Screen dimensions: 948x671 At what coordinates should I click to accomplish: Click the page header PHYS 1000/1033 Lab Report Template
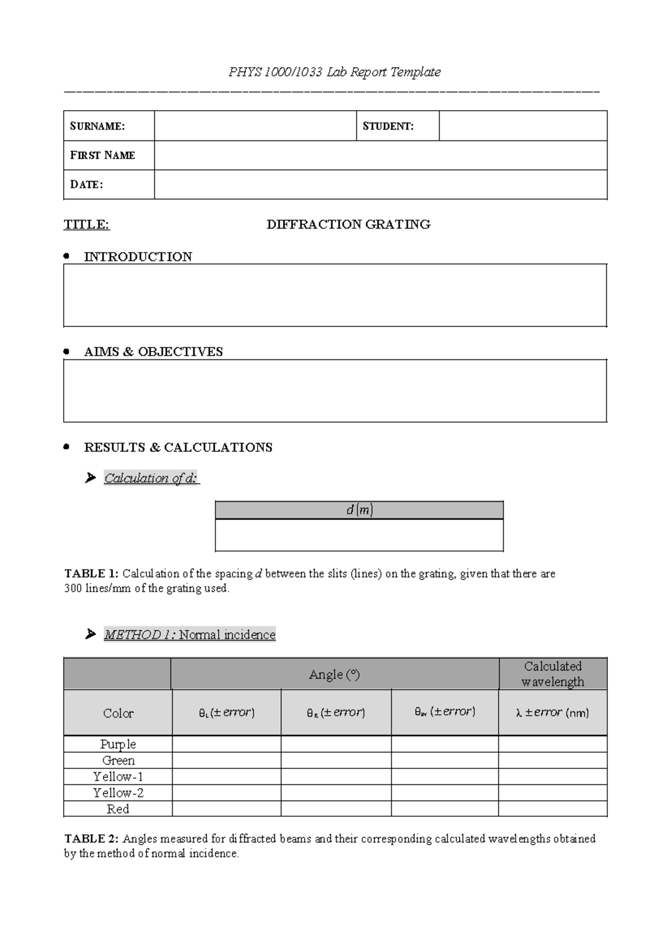pos(334,72)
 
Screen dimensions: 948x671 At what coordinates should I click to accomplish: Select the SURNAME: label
pos(97,126)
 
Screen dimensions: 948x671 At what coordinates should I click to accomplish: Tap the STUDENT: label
pos(388,126)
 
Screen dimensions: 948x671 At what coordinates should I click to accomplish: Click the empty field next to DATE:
pos(380,184)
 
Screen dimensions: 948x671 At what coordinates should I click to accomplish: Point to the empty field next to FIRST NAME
pos(380,155)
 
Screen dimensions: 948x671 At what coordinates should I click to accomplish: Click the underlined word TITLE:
pos(87,225)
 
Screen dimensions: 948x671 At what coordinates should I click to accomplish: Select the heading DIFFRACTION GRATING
pos(348,225)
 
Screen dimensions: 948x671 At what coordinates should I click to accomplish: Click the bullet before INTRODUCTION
pos(67,256)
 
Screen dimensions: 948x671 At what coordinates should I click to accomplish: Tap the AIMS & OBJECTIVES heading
pos(153,352)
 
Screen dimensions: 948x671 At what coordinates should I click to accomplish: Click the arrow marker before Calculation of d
pos(90,478)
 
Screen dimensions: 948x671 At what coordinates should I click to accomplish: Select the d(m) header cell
pos(359,510)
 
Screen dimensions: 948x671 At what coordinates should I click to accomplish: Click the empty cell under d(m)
pos(359,535)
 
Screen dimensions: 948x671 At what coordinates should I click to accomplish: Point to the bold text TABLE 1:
pos(91,573)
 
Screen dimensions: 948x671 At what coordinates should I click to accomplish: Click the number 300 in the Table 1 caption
pos(73,588)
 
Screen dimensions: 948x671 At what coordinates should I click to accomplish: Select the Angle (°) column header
pos(334,674)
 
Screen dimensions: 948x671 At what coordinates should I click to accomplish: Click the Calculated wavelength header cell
pos(552,674)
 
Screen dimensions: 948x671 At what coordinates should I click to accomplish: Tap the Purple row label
pos(118,744)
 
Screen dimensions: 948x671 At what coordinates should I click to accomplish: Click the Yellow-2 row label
pos(118,793)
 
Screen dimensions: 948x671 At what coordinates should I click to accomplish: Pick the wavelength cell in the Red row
pos(552,809)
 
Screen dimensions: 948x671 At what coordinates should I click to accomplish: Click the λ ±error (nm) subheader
pos(552,713)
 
